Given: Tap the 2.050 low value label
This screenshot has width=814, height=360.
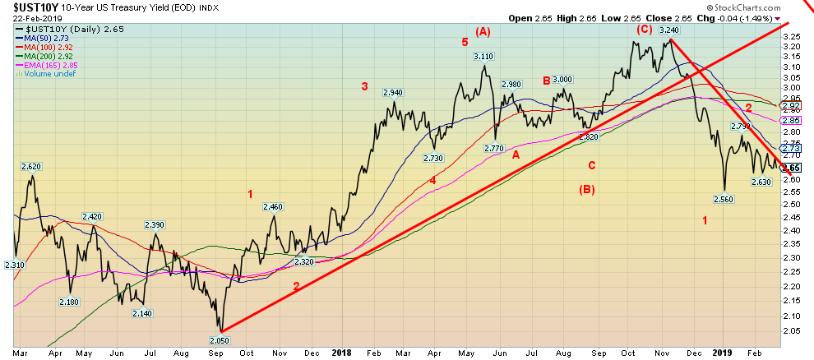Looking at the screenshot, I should click(220, 339).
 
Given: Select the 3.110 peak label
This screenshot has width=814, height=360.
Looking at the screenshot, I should click(483, 56).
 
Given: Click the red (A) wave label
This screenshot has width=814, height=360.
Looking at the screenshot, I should click(482, 32).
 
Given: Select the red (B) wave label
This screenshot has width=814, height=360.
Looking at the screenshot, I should click(588, 190).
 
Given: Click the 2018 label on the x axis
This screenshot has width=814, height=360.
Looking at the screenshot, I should click(342, 353).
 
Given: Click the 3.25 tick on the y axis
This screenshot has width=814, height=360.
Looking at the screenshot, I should click(791, 37).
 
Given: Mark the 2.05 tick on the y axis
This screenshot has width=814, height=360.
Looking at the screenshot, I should click(791, 331).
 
